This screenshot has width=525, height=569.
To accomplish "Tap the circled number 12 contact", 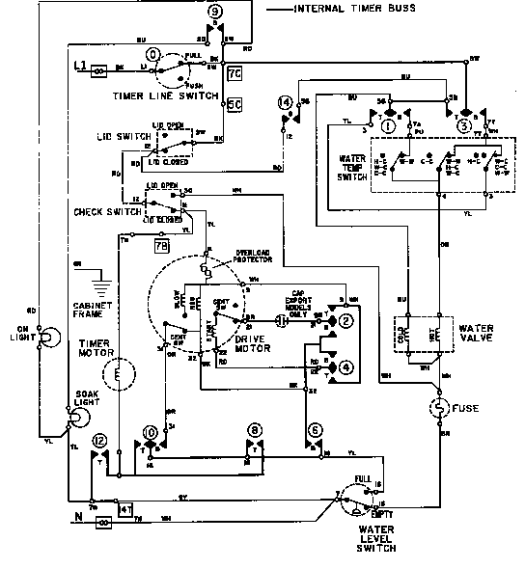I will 99,441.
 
